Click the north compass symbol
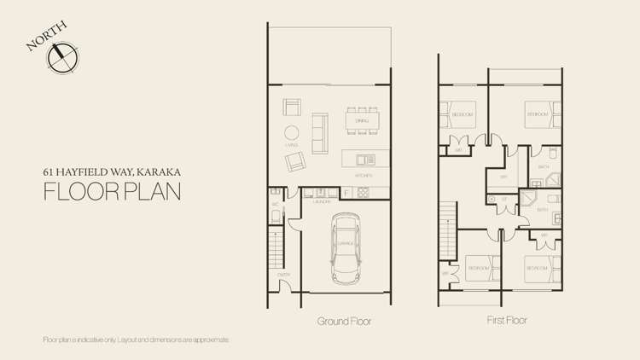[x=63, y=57]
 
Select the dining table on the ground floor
[x=362, y=120]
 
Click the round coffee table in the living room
[x=291, y=134]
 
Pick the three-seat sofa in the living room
[x=319, y=131]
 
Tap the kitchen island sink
[x=365, y=159]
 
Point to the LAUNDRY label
[x=322, y=202]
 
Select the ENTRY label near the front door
[x=283, y=274]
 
